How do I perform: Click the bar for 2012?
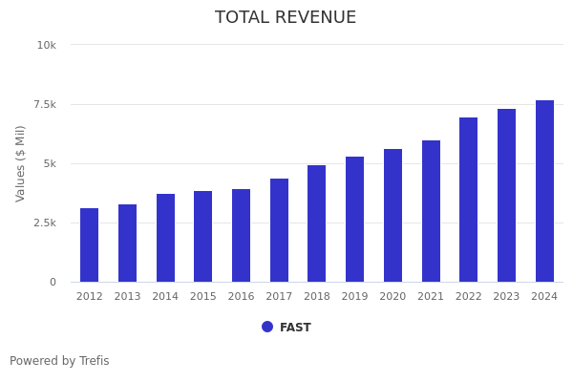pos(90,245)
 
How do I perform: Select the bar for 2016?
pos(241,236)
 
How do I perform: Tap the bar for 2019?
pos(354,220)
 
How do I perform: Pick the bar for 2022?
pos(468,200)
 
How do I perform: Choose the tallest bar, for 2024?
pos(544,191)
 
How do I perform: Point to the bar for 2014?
pos(165,238)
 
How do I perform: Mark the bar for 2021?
pos(431,211)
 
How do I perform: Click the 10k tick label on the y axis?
pos(47,45)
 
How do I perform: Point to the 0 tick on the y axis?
pos(53,282)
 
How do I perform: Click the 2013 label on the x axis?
pos(127,297)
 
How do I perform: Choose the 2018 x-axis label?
pos(317,297)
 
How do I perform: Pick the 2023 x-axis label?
pos(506,297)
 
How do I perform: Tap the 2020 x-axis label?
pos(393,297)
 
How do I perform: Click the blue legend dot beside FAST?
pos(267,327)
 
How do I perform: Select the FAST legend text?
pos(295,328)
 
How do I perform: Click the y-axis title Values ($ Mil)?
pos(21,163)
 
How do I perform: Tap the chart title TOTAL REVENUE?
pos(286,18)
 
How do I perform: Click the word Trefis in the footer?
pos(94,361)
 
